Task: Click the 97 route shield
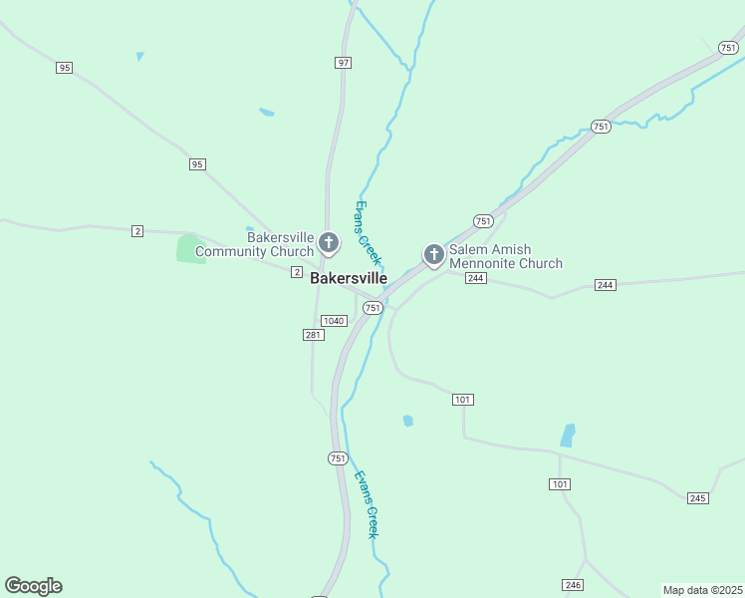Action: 343,63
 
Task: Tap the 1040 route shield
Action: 334,320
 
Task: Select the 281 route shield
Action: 313,335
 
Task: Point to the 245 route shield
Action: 697,497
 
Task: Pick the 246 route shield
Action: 572,584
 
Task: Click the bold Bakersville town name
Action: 349,278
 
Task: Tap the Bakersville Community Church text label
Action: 253,244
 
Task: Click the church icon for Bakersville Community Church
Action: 329,242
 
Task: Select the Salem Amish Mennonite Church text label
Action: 505,256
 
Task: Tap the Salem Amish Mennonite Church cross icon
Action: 433,255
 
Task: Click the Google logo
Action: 33,586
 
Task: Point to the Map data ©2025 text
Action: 702,590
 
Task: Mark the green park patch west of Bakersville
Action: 190,248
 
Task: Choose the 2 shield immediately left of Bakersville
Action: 297,272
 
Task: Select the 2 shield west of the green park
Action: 137,231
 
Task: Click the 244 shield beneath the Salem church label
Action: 475,278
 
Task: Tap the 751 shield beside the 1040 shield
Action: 372,308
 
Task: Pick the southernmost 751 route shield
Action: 338,458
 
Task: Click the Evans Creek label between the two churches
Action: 368,232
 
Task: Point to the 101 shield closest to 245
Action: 559,484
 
